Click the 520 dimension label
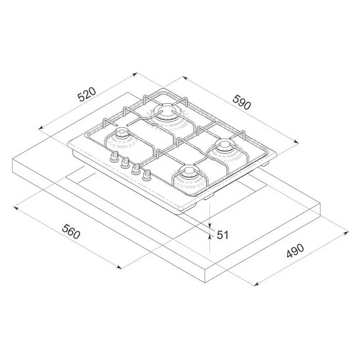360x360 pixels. click(86, 94)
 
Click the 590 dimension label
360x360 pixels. click(242, 102)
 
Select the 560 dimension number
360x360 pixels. click(71, 232)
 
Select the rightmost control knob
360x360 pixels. click(146, 175)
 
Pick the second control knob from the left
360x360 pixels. click(125, 162)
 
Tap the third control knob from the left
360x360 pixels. click(136, 169)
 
